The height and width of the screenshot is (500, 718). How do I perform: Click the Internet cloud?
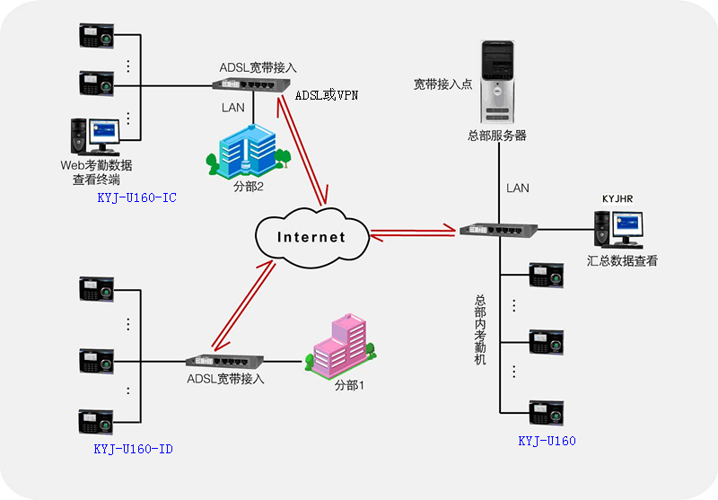coord(311,237)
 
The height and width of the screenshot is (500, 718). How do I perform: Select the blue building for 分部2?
coord(249,151)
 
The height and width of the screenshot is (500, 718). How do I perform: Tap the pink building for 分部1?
coord(340,346)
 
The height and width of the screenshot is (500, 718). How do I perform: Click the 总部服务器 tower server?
coord(498,82)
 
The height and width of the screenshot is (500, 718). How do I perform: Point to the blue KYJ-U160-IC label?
coord(137,197)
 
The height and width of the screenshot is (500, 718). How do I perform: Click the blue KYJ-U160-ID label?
coord(133,449)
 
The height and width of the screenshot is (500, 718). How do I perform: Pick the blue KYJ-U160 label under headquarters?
coord(547,441)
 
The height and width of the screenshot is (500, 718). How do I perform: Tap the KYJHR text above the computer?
coord(617,198)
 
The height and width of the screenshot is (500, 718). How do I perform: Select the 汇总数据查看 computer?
coord(618,230)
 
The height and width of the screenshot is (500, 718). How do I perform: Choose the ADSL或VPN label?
coord(327,95)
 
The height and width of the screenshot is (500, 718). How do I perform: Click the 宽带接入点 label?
coord(442,84)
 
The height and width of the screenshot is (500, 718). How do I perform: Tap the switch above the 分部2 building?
coord(251,84)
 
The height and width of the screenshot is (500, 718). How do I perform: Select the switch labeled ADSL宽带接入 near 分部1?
coord(224,361)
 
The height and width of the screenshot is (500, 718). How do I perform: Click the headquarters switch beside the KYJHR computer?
coord(498,230)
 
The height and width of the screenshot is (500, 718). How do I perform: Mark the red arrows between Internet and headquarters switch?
coord(413,232)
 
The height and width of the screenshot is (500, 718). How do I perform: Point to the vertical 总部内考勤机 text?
coord(480,329)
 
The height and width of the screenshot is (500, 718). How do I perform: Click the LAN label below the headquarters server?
coord(518,189)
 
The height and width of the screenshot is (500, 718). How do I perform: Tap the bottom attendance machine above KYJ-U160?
coord(546,413)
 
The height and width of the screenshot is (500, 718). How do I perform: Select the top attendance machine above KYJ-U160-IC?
coord(96,36)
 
